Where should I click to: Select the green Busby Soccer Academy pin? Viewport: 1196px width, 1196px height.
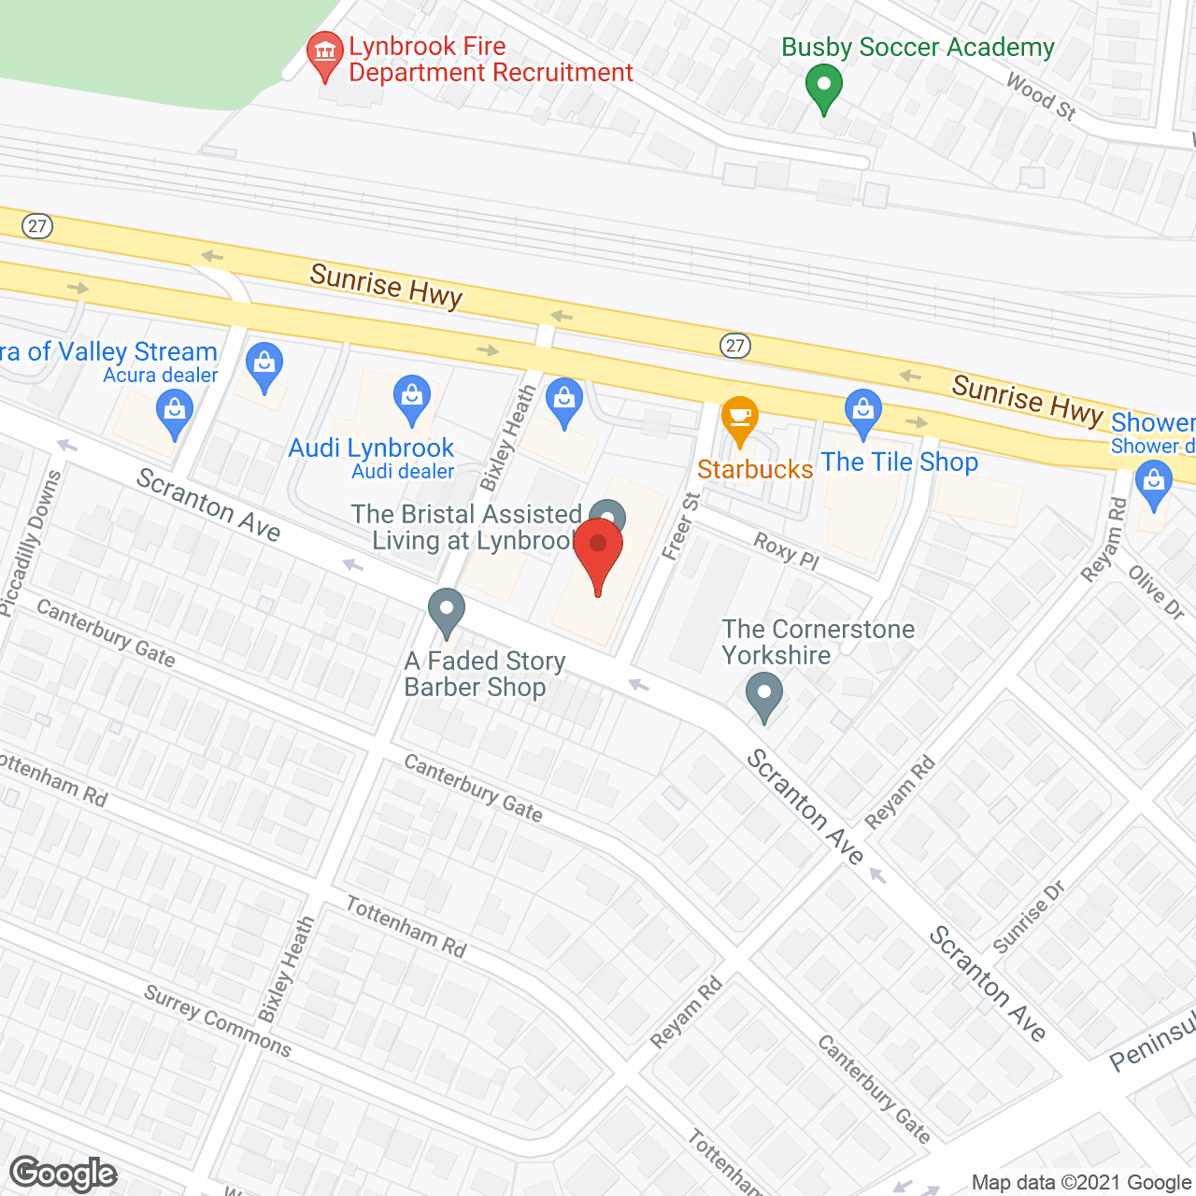click(x=823, y=88)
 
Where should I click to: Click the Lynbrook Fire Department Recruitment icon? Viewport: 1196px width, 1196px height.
click(x=325, y=54)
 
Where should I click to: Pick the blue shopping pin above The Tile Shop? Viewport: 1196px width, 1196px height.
click(x=863, y=412)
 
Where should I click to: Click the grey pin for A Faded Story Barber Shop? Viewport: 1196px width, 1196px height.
click(x=447, y=611)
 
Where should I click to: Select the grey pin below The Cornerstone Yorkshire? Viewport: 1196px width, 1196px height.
click(x=764, y=697)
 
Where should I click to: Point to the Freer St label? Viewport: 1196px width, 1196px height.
click(x=680, y=526)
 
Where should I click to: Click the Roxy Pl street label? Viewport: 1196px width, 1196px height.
click(x=786, y=550)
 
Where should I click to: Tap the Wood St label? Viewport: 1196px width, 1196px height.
click(x=1041, y=97)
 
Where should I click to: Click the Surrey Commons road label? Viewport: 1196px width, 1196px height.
click(x=218, y=1020)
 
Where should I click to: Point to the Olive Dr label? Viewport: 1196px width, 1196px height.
click(x=1156, y=592)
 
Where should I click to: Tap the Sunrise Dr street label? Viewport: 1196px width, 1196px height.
click(x=1028, y=917)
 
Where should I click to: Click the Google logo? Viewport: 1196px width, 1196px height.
click(x=64, y=1173)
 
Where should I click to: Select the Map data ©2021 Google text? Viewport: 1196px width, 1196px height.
click(x=1082, y=1183)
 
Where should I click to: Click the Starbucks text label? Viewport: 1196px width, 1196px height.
click(x=755, y=469)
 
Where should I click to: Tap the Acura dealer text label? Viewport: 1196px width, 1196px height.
click(x=161, y=376)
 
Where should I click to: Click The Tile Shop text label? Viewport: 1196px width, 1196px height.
click(x=900, y=463)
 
